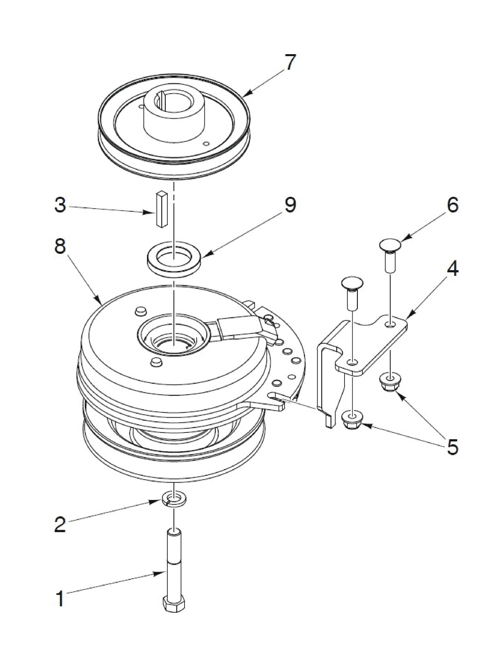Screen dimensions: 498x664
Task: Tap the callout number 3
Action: (x=60, y=206)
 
